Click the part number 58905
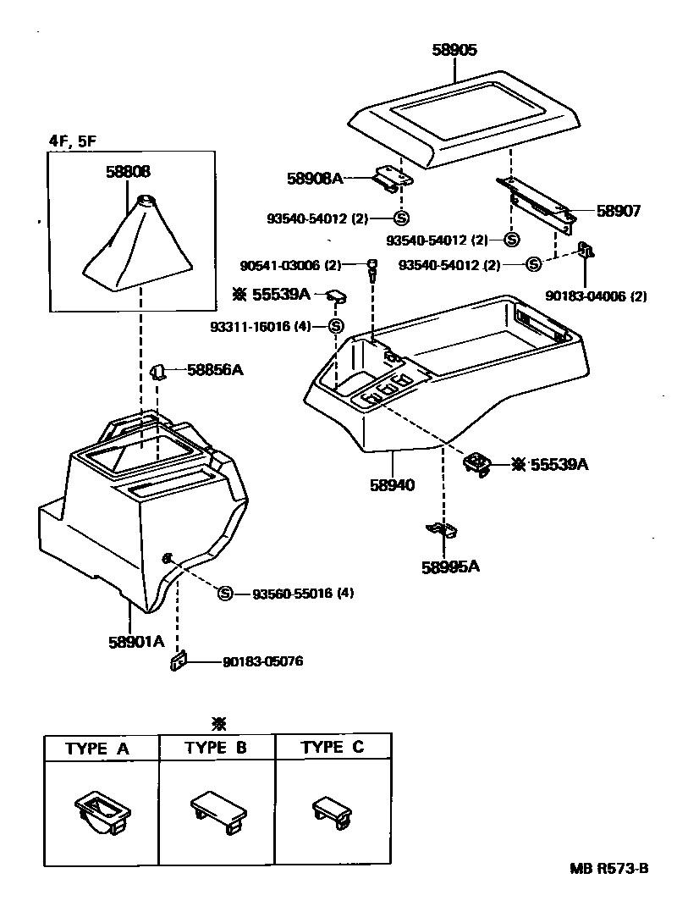tap(455, 51)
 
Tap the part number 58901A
tap(135, 641)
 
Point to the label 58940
tap(392, 486)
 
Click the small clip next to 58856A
tap(157, 370)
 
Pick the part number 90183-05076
tap(262, 661)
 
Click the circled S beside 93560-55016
tap(225, 593)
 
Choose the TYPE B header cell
tap(217, 748)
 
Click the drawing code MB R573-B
tap(608, 869)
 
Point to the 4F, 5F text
tap(72, 141)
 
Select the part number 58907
tap(619, 212)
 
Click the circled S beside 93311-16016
tap(336, 326)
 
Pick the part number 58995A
tap(450, 567)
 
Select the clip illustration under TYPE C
tap(331, 811)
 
